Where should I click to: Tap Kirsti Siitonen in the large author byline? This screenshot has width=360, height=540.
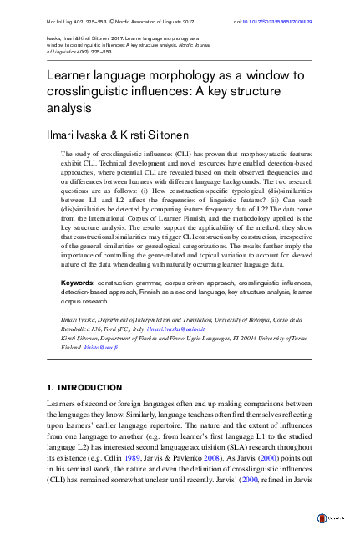[x=164, y=134]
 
